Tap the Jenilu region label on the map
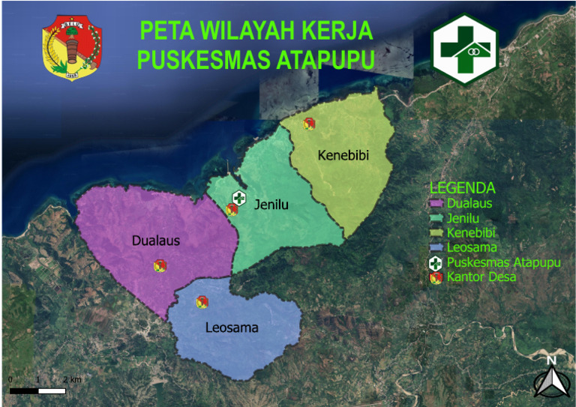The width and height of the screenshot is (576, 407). coord(271,204)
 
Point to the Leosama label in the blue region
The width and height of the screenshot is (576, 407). coord(232,328)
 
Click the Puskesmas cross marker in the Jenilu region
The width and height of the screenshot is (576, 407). coord(238,198)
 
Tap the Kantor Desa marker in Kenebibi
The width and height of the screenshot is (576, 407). coord(307,124)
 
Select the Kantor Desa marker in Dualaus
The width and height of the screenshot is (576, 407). coord(160,265)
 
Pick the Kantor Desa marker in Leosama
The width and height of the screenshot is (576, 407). coord(202,301)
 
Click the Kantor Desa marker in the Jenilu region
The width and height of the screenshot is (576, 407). coord(232,210)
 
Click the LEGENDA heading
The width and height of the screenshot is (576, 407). coord(462,187)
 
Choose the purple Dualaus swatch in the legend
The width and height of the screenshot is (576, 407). coord(436,202)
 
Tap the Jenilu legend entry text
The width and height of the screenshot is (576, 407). coord(463,217)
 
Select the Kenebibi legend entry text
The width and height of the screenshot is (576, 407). coord(471,232)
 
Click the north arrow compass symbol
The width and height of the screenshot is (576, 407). coord(551,379)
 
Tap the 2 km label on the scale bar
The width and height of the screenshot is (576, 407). coord(72,380)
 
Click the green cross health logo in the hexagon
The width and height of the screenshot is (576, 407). coord(464,49)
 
